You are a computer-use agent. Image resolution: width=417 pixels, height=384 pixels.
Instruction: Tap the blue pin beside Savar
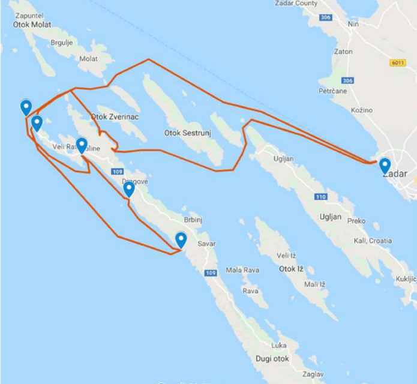pos(181,240)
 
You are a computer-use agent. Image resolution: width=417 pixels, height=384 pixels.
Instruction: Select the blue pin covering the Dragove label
pos(128,190)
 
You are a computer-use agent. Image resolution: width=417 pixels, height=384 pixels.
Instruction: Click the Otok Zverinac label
pos(115,117)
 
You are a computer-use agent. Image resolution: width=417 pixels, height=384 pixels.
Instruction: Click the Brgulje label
pos(62,43)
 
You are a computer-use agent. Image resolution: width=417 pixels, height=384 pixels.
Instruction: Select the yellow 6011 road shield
pos(397,62)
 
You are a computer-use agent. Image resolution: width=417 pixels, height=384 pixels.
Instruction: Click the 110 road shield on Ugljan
pos(321,197)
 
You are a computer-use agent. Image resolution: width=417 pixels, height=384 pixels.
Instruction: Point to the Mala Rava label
pos(242,270)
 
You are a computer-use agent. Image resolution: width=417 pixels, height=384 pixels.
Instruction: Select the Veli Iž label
pos(287,256)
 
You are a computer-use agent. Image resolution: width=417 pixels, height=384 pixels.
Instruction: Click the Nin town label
pos(353,24)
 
